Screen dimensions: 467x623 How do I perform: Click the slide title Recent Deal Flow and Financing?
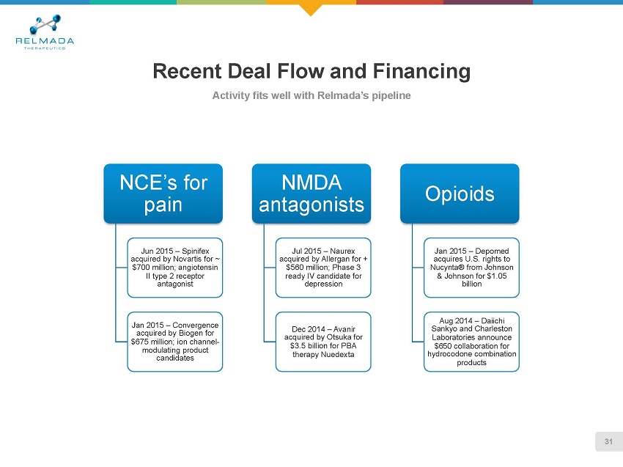tap(311, 72)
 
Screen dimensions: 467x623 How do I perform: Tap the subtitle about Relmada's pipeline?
tap(311, 96)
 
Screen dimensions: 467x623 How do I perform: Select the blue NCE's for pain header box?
tap(164, 193)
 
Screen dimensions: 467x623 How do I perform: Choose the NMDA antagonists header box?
tap(311, 193)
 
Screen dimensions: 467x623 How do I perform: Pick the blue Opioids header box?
tap(459, 193)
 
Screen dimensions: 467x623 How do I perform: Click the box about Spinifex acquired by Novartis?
tap(174, 267)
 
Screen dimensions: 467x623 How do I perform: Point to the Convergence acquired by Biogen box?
tap(174, 342)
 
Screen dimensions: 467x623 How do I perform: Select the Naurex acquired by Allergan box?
tap(322, 267)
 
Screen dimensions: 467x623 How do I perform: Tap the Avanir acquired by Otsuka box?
tap(322, 342)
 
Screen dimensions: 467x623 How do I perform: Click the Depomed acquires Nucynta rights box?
tap(471, 267)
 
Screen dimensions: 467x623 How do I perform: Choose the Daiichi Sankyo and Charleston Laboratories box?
tap(471, 342)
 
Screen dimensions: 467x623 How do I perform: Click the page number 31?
tap(608, 441)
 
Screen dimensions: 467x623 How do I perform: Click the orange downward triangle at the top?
tap(311, 10)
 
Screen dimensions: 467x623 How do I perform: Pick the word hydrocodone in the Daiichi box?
tap(449, 354)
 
